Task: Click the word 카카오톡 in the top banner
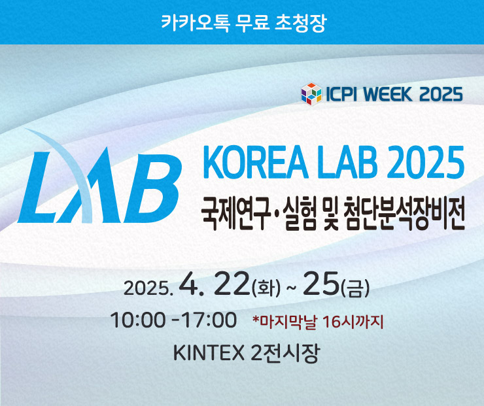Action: [195, 22]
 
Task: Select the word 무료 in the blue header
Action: [252, 22]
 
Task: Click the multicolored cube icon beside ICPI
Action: [311, 93]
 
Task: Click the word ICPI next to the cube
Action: [341, 93]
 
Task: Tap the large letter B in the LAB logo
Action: [153, 188]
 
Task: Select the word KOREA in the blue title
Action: [256, 162]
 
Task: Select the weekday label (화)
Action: [266, 288]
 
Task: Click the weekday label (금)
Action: [355, 288]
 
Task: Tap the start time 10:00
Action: [137, 320]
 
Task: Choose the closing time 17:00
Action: [209, 320]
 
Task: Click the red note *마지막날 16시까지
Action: [318, 322]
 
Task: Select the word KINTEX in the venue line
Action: [209, 352]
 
